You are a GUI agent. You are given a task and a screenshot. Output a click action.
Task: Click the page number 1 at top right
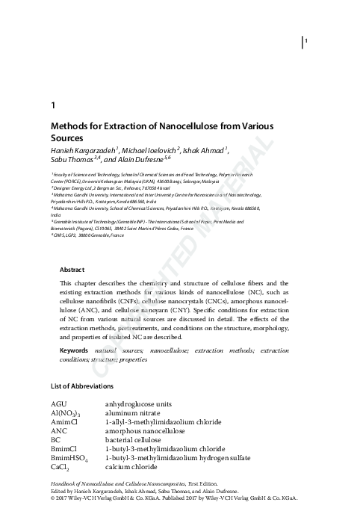tap(307, 40)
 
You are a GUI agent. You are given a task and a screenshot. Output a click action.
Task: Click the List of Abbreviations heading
tap(82, 386)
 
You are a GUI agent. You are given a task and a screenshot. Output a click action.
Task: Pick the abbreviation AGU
tap(59, 403)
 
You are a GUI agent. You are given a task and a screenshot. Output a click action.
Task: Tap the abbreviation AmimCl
tap(64, 422)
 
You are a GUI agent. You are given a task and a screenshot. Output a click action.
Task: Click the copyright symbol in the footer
tap(52, 504)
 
